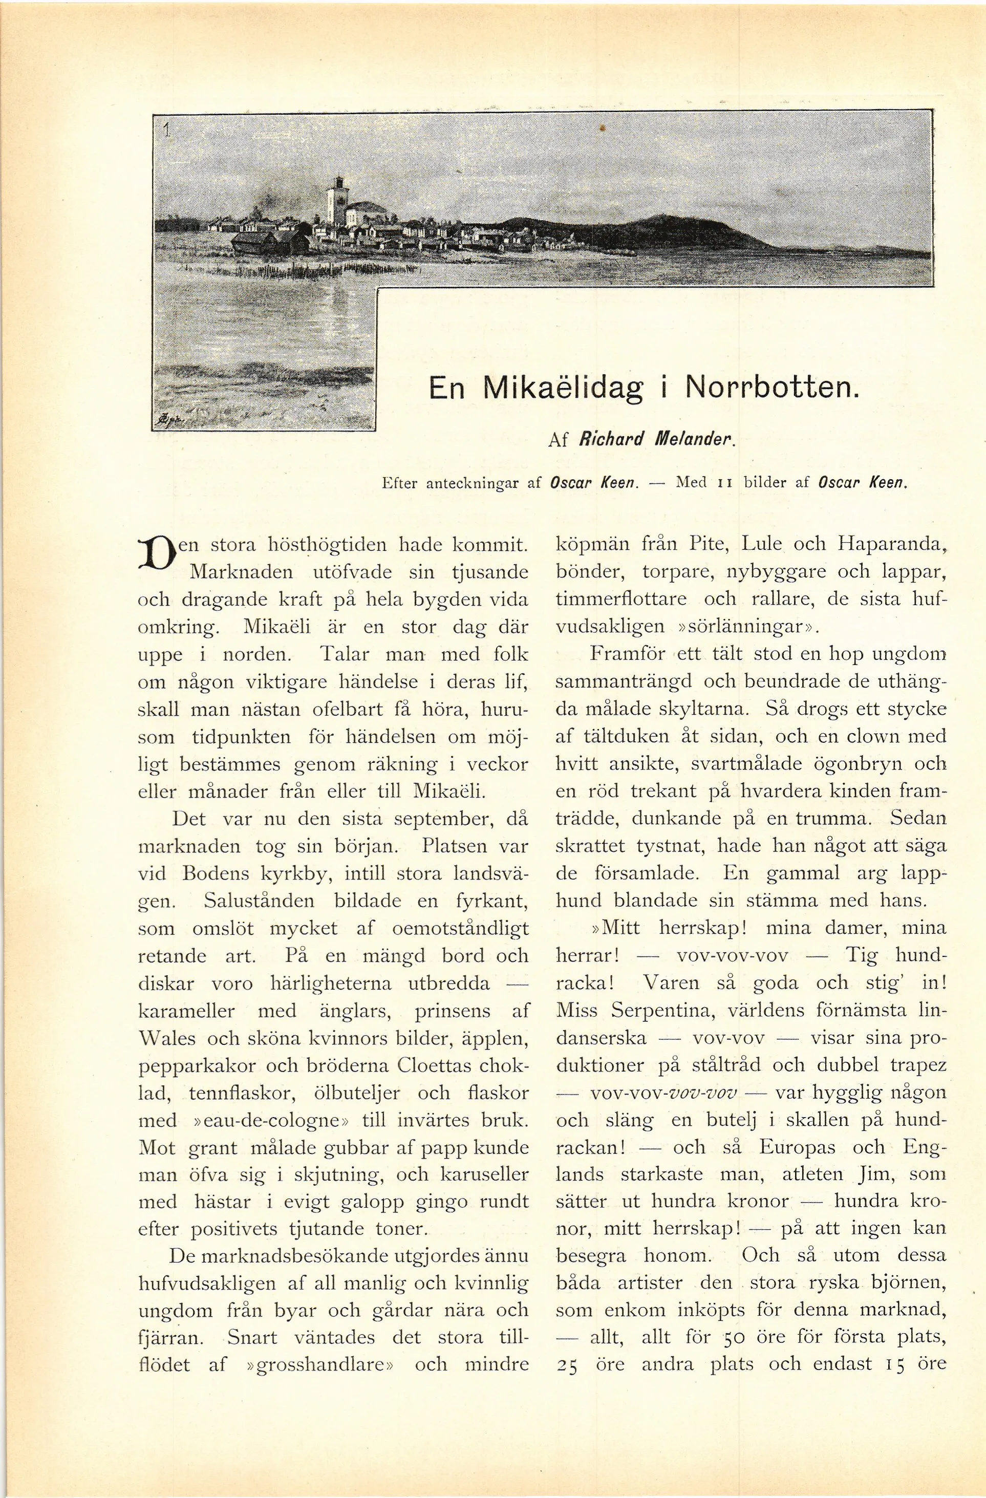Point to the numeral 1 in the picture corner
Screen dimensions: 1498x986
pyautogui.click(x=167, y=130)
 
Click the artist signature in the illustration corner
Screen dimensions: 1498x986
pyautogui.click(x=165, y=420)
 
